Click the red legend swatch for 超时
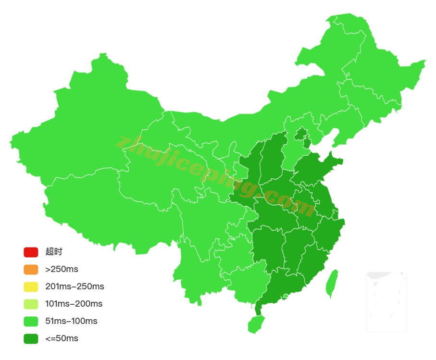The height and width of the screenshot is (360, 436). pyautogui.click(x=31, y=252)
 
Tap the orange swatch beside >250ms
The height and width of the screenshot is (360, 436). pyautogui.click(x=31, y=269)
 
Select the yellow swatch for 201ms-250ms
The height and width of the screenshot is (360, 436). pyautogui.click(x=31, y=286)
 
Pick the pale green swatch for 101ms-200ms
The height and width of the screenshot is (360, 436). pyautogui.click(x=31, y=304)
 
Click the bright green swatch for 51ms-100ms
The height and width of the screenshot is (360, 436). pyautogui.click(x=31, y=321)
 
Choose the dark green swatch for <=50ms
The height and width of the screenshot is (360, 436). pyautogui.click(x=31, y=338)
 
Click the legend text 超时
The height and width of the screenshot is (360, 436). pyautogui.click(x=54, y=252)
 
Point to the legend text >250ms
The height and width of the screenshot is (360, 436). pyautogui.click(x=62, y=269)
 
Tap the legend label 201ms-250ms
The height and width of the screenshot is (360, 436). pyautogui.click(x=75, y=286)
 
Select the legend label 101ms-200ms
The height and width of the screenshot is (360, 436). pyautogui.click(x=74, y=304)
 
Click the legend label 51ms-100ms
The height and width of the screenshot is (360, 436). pyautogui.click(x=71, y=321)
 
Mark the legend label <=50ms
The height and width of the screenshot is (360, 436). pyautogui.click(x=62, y=338)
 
